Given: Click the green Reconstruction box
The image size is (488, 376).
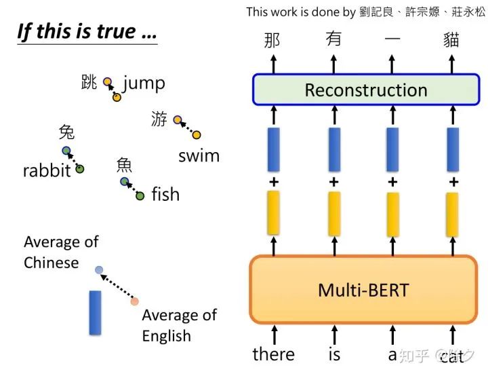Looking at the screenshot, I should tap(366, 90).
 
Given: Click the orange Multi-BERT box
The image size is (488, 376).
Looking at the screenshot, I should tap(363, 290).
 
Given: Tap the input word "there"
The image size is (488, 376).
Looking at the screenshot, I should tap(273, 354).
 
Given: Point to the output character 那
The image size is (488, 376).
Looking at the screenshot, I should tap(272, 40).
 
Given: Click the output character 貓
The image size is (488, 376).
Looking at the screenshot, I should tap(451, 40).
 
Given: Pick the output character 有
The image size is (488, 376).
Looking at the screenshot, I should tap(333, 40).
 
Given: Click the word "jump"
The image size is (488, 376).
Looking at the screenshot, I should tap(144, 83).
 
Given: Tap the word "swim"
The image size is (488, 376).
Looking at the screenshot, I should tap(199, 155).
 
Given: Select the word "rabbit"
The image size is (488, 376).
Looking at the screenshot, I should tap(47, 170).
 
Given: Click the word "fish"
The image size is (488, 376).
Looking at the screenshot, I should tap(165, 195).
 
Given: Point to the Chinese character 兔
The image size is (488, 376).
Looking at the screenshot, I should tap(66, 132).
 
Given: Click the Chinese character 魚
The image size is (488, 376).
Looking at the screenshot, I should tap(124, 164).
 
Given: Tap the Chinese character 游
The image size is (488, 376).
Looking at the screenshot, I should tap(159, 119).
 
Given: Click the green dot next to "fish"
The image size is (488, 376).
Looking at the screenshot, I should tap(140, 196).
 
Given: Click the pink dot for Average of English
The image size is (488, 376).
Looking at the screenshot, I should tap(135, 301).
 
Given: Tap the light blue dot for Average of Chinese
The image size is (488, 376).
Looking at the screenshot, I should tap(99, 269).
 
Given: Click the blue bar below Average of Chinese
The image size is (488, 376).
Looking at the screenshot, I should tap(95, 312).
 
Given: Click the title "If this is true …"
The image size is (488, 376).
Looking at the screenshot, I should tap(87, 33).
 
